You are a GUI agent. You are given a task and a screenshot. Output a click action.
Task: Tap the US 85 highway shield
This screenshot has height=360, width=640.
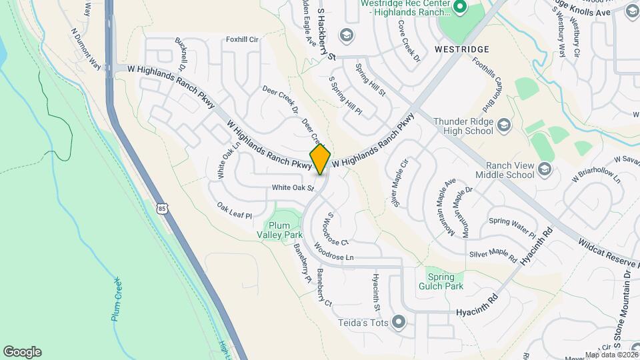(163, 209)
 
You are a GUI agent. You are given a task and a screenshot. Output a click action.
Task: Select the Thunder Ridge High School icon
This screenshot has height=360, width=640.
(505, 125)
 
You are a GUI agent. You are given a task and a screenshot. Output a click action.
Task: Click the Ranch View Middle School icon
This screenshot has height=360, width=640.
(545, 169)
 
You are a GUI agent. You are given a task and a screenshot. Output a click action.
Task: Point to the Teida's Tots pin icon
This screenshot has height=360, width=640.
(399, 323)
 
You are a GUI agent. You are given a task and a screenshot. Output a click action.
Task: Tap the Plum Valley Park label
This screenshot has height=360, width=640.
(280, 230)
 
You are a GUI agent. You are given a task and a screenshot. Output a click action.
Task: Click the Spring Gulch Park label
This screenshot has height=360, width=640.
(445, 281)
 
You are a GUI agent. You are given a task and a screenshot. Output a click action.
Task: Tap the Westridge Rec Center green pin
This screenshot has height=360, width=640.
(459, 7)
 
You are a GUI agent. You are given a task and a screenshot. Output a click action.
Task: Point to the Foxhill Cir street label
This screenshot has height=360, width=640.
(242, 39)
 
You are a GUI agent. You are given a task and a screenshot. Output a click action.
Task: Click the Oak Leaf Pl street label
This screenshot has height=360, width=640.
(235, 211)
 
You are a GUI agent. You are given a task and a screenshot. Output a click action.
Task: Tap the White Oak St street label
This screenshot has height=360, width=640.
(292, 188)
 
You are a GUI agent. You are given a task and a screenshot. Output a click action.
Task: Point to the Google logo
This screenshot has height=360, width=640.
(22, 351)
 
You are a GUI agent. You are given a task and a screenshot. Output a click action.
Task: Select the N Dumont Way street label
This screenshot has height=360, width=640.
(85, 48)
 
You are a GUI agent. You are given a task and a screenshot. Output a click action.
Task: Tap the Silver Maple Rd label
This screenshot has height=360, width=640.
(493, 254)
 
